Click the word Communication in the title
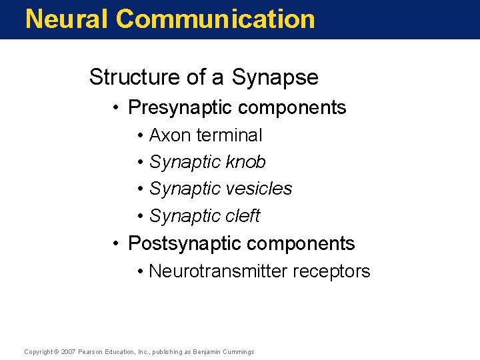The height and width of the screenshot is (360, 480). [215, 19]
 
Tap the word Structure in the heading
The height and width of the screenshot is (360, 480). [135, 77]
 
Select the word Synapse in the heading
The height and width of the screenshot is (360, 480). [275, 78]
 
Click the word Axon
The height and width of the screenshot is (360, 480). [169, 135]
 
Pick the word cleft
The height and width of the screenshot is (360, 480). [242, 216]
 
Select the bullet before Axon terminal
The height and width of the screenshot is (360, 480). [141, 136]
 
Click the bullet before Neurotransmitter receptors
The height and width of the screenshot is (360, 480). [141, 272]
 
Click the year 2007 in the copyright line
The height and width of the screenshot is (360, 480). [68, 351]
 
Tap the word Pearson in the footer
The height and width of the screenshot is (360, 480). [91, 351]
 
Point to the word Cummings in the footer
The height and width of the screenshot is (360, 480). [237, 351]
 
